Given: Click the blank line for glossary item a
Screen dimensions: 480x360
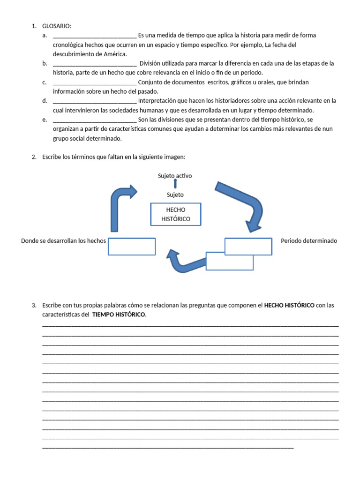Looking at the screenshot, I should pyautogui.click(x=95, y=36).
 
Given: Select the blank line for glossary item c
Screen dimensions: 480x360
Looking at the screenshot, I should pyautogui.click(x=95, y=82).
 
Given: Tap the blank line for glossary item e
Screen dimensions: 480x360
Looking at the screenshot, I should pyautogui.click(x=95, y=120).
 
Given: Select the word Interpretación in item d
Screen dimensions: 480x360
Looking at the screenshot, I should pyautogui.click(x=159, y=101).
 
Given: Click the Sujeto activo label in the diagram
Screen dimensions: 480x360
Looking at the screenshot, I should pyautogui.click(x=175, y=176).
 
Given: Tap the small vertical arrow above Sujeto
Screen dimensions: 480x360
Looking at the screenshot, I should pyautogui.click(x=175, y=184).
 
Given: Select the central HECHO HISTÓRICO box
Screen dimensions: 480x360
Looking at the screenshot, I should pyautogui.click(x=175, y=214).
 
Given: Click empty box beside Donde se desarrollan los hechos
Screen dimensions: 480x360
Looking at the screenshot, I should pyautogui.click(x=132, y=247).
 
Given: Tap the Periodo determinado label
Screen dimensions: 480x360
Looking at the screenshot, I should pyautogui.click(x=308, y=241).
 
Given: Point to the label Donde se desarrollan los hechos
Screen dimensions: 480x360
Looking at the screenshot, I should pyautogui.click(x=63, y=241).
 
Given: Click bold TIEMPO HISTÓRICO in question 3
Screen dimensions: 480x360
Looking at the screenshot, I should pyautogui.click(x=119, y=315).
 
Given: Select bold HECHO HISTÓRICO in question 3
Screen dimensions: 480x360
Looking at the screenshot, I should pyautogui.click(x=289, y=305).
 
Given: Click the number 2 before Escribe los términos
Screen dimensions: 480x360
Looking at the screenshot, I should pyautogui.click(x=34, y=157).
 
